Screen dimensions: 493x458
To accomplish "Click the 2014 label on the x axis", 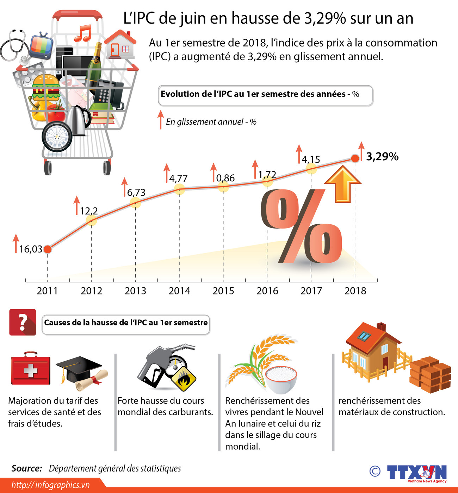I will tap(179, 291).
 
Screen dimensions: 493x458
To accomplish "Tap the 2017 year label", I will tap(311, 291).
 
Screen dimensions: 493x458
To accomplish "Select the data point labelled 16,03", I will tap(48, 249).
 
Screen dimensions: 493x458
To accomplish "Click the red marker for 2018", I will tap(355, 158).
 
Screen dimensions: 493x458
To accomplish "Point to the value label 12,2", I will tap(89, 211).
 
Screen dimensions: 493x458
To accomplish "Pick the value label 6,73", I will tap(136, 193).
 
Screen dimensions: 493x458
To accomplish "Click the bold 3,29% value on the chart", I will tap(382, 156).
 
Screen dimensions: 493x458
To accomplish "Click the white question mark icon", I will tap(23, 322).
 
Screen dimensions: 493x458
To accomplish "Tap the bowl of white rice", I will tap(281, 379).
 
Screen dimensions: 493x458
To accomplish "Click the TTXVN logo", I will tap(416, 473).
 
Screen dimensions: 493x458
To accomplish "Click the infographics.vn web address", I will tap(50, 485).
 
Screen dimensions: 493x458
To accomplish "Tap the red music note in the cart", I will tap(83, 33).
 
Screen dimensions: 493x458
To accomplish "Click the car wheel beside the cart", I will tap(57, 136).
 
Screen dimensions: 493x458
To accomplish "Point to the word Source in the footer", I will tap(27, 468).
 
